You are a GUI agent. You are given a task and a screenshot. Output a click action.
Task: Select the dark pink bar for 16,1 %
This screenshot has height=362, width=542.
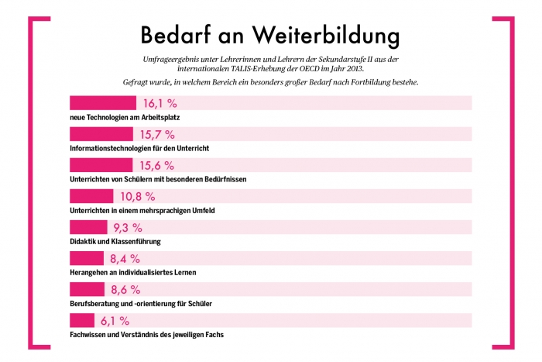[103, 103]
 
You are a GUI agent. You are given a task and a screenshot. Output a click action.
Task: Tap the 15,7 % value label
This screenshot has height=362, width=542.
[157, 134]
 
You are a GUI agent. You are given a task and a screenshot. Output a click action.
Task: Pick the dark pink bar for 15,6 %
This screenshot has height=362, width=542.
[101, 165]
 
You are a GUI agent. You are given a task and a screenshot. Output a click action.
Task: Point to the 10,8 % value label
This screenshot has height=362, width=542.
[138, 196]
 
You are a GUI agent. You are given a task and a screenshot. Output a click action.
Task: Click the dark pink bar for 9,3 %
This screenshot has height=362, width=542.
[88, 227]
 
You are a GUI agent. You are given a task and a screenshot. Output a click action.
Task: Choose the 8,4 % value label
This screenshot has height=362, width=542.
[125, 258]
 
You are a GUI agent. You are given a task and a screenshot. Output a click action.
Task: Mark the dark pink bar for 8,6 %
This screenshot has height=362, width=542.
[87, 289]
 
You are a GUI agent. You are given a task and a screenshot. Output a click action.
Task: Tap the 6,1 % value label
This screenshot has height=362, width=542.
[116, 320]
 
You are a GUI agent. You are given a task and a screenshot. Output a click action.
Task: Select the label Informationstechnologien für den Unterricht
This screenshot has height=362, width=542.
[139, 148]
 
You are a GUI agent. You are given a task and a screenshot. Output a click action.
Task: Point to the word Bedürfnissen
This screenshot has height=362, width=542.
[220, 179]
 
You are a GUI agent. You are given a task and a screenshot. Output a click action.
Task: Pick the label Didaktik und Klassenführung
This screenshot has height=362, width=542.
[115, 241]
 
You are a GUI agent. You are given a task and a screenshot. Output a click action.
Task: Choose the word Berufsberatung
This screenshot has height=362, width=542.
[94, 303]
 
